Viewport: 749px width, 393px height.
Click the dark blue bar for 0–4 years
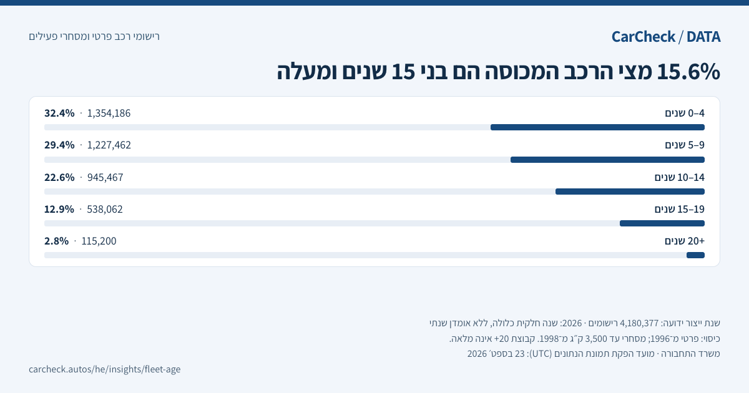tap(597, 127)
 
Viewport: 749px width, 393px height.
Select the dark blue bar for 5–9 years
tap(607, 160)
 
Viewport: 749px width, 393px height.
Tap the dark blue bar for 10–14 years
tap(630, 192)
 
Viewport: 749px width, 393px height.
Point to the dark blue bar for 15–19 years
tap(662, 223)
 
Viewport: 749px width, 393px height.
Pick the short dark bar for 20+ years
tap(695, 255)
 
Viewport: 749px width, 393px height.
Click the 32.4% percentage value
tap(59, 114)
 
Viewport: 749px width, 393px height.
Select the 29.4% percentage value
tap(59, 145)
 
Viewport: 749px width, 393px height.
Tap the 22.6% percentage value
tap(59, 177)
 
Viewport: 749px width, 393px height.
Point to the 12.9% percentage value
tap(59, 209)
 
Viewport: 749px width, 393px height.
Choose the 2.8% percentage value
tap(57, 241)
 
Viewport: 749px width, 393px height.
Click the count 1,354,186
tap(109, 114)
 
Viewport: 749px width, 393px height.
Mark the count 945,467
tap(105, 177)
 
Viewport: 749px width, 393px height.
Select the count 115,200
tap(99, 241)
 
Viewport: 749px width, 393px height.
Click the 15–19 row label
tap(680, 209)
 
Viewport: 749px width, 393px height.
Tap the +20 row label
tap(685, 241)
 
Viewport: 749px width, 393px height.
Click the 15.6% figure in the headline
tap(688, 72)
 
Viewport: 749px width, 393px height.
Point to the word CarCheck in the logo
tap(644, 37)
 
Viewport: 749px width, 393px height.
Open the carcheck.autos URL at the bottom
tap(105, 369)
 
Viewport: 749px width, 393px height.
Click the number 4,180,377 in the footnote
tap(639, 323)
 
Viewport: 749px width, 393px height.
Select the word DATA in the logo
tap(703, 37)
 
